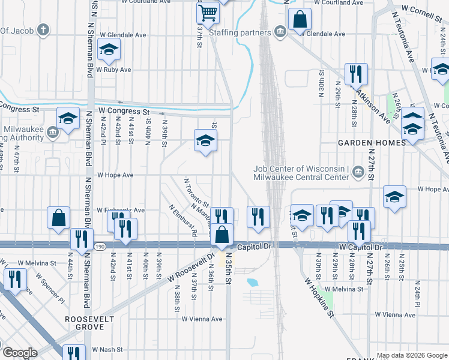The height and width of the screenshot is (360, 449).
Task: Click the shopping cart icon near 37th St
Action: click(x=207, y=11)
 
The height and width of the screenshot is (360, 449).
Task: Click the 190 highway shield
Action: click(x=99, y=246)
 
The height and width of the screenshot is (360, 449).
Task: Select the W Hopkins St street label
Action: click(x=318, y=297)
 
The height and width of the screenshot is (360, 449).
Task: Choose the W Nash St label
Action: click(x=107, y=349)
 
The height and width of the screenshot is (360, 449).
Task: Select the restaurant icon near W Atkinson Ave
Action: click(x=357, y=74)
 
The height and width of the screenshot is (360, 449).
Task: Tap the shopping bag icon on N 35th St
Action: click(x=222, y=235)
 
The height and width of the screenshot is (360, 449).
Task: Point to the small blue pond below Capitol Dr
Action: click(x=252, y=281)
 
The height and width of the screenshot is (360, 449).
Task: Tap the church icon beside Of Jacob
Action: click(x=43, y=29)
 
